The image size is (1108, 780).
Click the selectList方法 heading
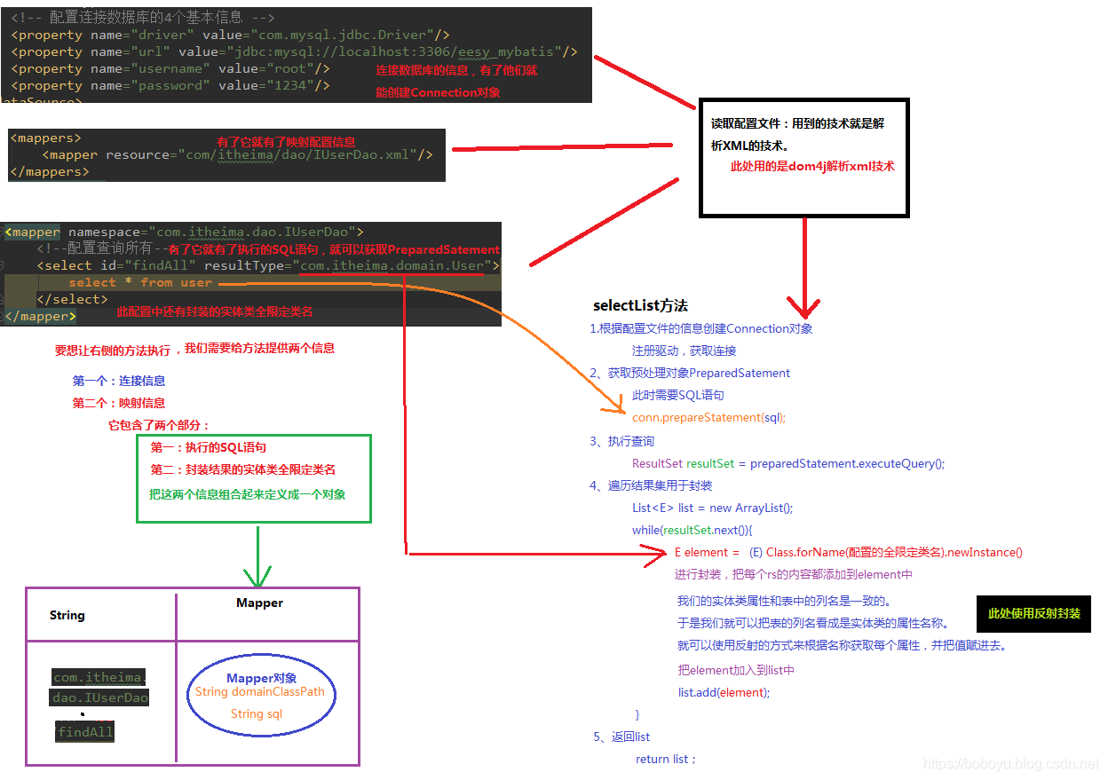[x=640, y=305]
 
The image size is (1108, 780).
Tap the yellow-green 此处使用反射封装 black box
[x=1033, y=613]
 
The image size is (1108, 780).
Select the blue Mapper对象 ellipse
[x=261, y=696]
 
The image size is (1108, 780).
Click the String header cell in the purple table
[x=67, y=615]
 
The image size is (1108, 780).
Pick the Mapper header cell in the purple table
[x=259, y=603]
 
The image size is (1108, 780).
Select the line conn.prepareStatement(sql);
[x=708, y=417]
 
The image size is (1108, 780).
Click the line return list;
[x=666, y=759]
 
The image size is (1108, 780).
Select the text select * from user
[x=140, y=282]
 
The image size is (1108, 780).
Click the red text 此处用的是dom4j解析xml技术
[x=811, y=166]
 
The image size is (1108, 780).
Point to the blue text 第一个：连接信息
[x=119, y=381]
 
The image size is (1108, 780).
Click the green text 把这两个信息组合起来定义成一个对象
[x=247, y=494]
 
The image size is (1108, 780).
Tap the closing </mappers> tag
[x=50, y=171]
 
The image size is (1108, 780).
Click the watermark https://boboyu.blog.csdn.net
[x=1010, y=763]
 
